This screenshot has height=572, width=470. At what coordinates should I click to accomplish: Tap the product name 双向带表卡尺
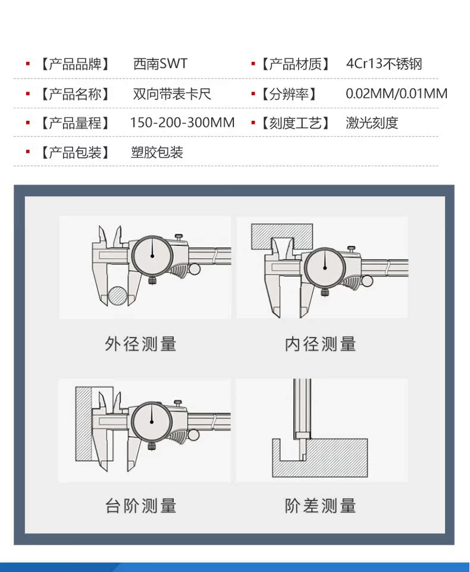pyautogui.click(x=171, y=93)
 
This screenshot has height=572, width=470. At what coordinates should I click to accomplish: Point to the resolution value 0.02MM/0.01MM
pyautogui.click(x=396, y=93)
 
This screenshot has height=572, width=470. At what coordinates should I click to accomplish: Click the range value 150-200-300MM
pyautogui.click(x=182, y=123)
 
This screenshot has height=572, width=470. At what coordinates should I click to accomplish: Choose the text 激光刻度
pyautogui.click(x=372, y=123)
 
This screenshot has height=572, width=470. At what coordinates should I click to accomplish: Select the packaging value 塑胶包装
pyautogui.click(x=157, y=152)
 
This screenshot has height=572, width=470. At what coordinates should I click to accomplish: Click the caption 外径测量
pyautogui.click(x=141, y=344)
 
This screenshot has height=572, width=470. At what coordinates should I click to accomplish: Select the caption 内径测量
pyautogui.click(x=321, y=344)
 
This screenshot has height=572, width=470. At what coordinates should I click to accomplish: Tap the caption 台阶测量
pyautogui.click(x=141, y=507)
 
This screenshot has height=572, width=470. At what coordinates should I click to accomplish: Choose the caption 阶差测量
pyautogui.click(x=321, y=507)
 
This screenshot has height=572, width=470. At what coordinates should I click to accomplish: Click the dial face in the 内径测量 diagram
pyautogui.click(x=325, y=268)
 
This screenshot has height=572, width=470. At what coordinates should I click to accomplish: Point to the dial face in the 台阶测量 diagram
pyautogui.click(x=152, y=423)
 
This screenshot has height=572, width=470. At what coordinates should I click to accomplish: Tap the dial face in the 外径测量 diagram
pyautogui.click(x=152, y=255)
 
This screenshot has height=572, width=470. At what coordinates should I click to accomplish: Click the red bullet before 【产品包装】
pyautogui.click(x=27, y=152)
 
